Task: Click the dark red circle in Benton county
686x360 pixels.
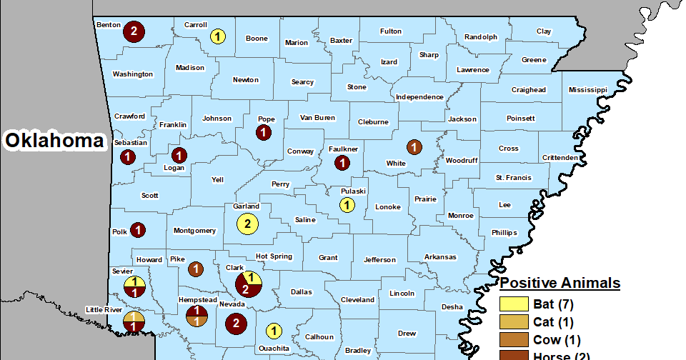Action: click(134, 31)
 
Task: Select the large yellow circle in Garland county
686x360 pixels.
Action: click(247, 224)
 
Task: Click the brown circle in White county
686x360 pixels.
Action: click(413, 148)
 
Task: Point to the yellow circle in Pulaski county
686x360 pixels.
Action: click(346, 206)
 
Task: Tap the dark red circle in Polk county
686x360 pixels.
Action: click(138, 230)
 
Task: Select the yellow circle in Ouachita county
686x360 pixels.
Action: click(272, 331)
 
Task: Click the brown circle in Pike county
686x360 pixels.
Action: click(194, 269)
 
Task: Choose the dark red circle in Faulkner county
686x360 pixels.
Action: click(342, 163)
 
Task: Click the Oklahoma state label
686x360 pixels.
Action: click(54, 141)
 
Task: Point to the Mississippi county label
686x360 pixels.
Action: click(587, 90)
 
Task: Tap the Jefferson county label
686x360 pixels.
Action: click(379, 259)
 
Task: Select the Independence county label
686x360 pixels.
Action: click(419, 97)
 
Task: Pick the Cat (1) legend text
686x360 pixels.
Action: click(553, 322)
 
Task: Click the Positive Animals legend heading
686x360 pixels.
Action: click(560, 284)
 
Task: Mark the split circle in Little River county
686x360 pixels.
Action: click(134, 322)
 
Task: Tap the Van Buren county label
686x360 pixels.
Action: click(317, 118)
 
